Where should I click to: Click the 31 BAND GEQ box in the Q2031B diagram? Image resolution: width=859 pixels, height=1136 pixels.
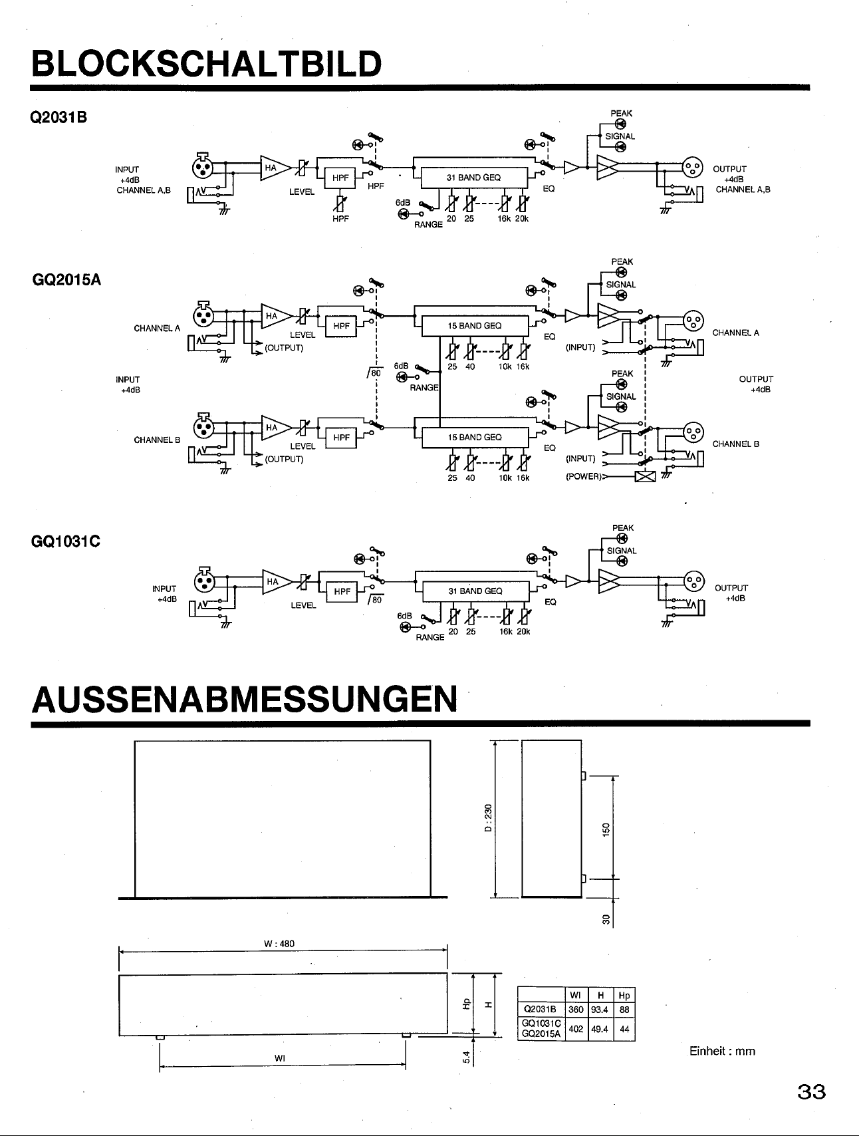[474, 178]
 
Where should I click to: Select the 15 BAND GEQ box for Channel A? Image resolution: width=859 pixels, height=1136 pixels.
[475, 326]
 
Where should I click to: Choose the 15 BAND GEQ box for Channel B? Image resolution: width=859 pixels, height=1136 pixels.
[475, 438]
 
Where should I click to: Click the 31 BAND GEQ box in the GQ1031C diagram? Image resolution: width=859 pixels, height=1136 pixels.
[475, 591]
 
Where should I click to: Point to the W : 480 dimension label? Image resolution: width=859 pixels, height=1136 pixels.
[279, 944]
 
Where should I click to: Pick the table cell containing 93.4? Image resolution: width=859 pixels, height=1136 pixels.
[601, 1010]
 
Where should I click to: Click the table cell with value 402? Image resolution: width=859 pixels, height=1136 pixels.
[576, 1029]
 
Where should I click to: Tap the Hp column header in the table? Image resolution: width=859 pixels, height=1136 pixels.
[624, 996]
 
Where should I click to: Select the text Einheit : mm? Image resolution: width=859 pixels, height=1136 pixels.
[722, 1052]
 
